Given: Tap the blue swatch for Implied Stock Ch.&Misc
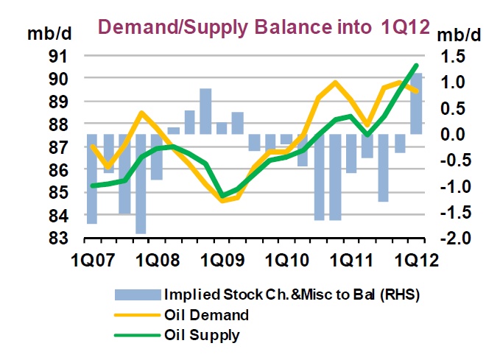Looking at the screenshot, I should [138, 295].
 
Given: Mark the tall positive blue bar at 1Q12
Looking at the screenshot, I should [415, 103].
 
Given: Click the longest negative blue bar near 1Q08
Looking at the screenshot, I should [140, 184].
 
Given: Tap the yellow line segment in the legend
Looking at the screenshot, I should [138, 316].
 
